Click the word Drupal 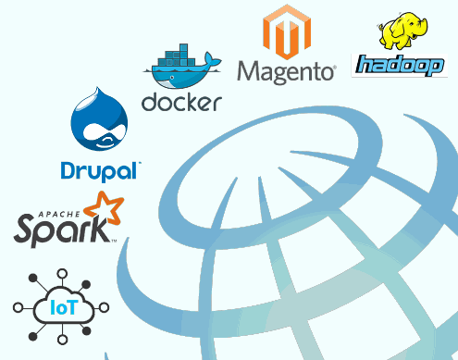[100, 170]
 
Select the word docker [181, 101]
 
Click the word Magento [286, 71]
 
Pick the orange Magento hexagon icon [286, 31]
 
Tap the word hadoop [400, 66]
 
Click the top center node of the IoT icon [62, 274]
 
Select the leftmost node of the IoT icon [18, 306]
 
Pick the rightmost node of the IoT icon [106, 306]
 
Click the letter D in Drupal [67, 170]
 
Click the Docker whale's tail [211, 62]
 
